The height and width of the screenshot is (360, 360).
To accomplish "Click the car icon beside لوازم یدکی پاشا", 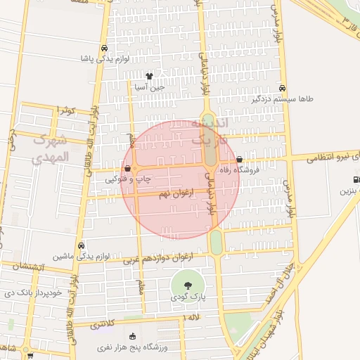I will point(104,49).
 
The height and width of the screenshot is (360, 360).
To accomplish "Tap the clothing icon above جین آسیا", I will point(149,76).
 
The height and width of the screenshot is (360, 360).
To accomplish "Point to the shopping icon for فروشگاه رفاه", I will point(240,160).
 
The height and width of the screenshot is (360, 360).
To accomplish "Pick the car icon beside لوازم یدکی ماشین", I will point(82,246).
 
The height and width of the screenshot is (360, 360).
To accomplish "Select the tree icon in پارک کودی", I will point(188,285).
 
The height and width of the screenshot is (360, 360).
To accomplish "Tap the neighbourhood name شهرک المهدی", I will point(51,148).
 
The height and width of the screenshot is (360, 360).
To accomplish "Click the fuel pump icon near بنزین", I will point(356,179).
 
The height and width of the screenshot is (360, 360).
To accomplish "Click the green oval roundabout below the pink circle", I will point(216,243).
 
